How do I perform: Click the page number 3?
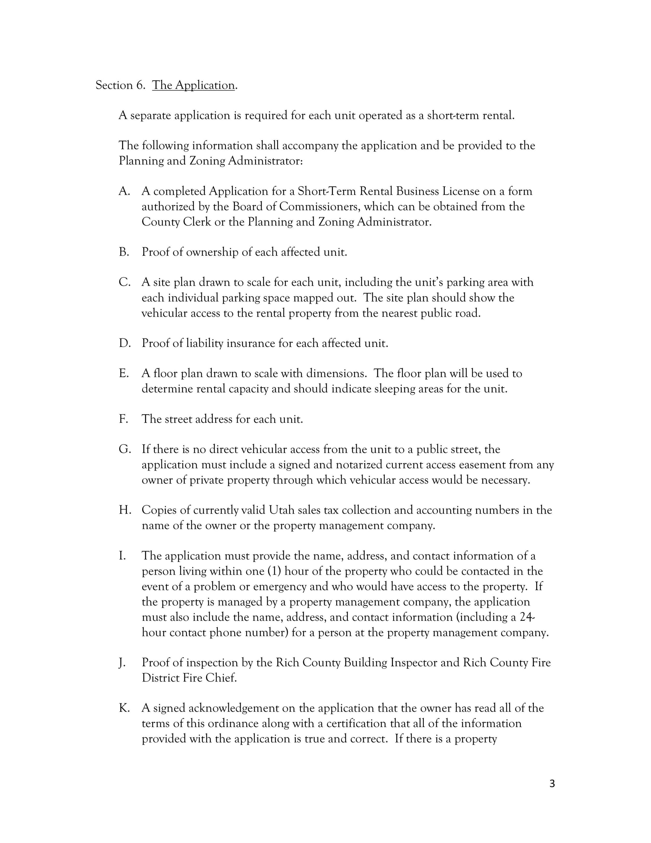coord(552,784)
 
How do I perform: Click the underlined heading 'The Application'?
coord(193,85)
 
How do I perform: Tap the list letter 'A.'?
coord(124,192)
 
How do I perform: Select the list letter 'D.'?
coord(125,343)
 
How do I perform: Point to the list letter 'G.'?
coord(125,449)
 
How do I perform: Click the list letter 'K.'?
coord(124,708)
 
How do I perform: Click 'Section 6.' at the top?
coord(120,85)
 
